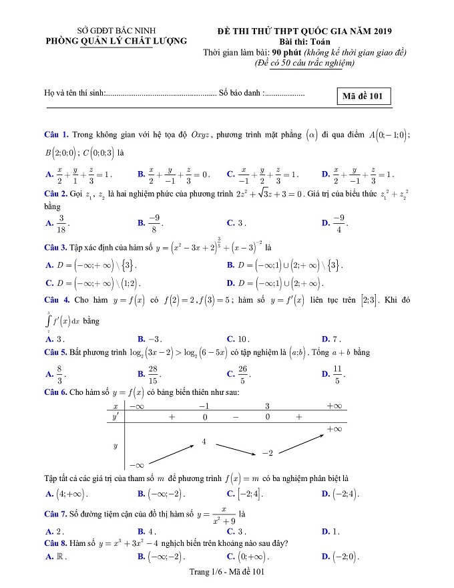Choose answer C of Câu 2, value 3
(238, 223)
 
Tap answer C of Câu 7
(238, 531)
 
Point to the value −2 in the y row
(267, 453)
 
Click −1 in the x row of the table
(204, 406)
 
